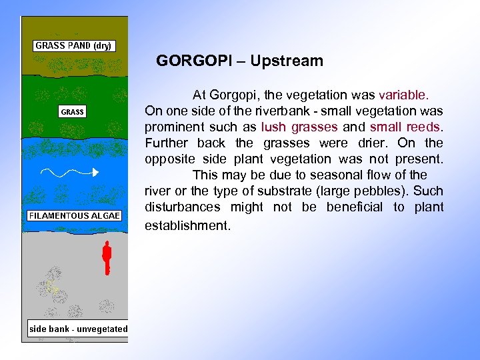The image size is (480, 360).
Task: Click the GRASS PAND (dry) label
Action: pyautogui.click(x=74, y=46)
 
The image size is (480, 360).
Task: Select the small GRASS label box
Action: pyautogui.click(x=73, y=112)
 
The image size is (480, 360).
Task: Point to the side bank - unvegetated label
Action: pyautogui.click(x=78, y=329)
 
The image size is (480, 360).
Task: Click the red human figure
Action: pyautogui.click(x=105, y=259)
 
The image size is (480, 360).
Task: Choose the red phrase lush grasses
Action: pyautogui.click(x=299, y=127)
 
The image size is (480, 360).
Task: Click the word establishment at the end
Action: pyautogui.click(x=187, y=225)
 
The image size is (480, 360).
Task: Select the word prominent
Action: pyautogui.click(x=173, y=127)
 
